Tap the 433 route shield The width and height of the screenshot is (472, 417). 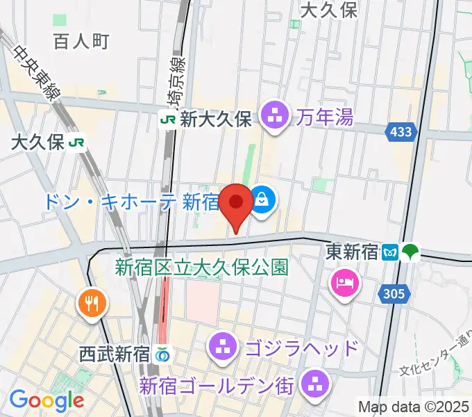click(401, 131)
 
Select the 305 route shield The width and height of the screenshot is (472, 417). click(392, 295)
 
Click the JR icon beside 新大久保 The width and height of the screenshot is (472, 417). click(168, 120)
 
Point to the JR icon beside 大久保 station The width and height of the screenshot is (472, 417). click(77, 143)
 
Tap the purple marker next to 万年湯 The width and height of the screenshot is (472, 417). click(276, 115)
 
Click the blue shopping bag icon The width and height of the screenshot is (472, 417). click(262, 202)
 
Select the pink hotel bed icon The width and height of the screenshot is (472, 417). click(345, 283)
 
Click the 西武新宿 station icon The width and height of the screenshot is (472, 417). click(163, 354)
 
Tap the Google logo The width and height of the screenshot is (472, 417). click(47, 400)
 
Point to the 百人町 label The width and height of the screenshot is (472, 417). click(81, 42)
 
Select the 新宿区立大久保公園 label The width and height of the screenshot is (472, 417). click(201, 266)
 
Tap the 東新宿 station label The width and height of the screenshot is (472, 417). click(351, 252)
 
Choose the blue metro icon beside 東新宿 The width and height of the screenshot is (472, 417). click(391, 252)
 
